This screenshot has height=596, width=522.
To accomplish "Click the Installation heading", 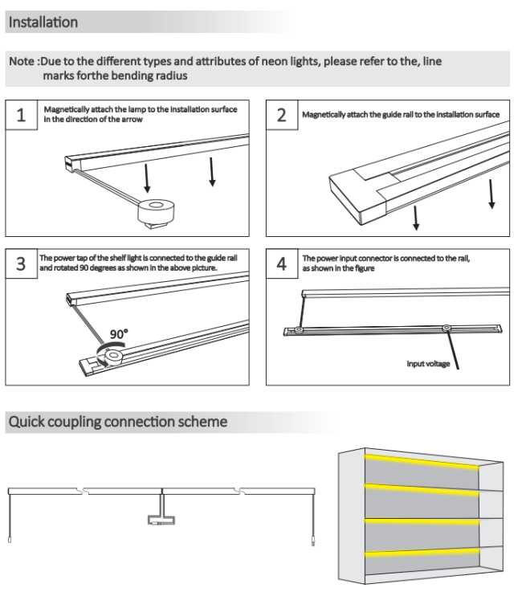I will (43, 22).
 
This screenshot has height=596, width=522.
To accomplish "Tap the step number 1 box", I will (22, 115).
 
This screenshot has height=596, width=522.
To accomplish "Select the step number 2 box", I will (282, 115).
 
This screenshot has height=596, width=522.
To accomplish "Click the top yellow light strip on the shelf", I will (422, 461).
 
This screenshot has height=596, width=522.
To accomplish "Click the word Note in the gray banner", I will (22, 62).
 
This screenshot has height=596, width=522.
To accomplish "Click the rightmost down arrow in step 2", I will (490, 196).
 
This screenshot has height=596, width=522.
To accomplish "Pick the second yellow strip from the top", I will (422, 490).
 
